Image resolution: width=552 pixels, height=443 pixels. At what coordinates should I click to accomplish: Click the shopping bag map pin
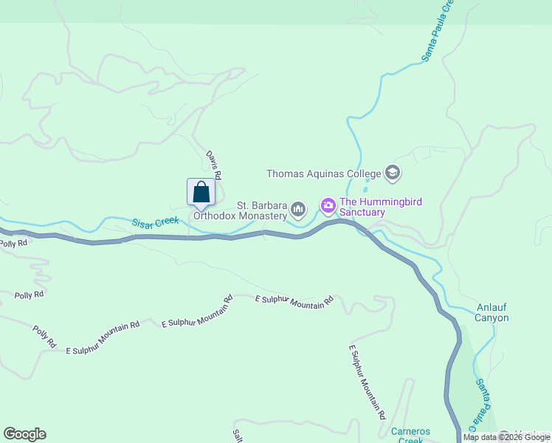coord(201,193)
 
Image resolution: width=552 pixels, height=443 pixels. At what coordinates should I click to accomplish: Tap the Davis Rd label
coord(214,165)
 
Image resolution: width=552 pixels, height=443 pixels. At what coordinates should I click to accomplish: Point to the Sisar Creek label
coord(156,221)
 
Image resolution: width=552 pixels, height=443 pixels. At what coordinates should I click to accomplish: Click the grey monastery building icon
coord(298,210)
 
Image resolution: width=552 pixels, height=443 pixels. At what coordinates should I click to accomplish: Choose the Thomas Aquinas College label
coord(323,174)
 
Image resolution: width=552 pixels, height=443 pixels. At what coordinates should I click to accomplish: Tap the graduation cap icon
coord(392,174)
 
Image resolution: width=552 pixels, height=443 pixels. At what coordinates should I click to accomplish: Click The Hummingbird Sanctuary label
coord(362,207)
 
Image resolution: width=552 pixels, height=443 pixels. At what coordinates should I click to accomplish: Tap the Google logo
coord(24,434)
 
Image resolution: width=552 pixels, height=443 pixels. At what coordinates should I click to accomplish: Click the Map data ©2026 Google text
coord(506,437)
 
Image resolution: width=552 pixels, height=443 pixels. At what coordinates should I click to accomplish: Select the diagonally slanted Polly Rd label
coord(44,337)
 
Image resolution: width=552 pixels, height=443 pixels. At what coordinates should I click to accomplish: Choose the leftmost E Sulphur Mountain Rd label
coord(103,338)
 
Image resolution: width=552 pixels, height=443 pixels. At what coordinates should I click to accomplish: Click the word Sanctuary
coord(362,213)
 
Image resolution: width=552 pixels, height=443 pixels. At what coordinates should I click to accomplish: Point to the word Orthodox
coord(218,216)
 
